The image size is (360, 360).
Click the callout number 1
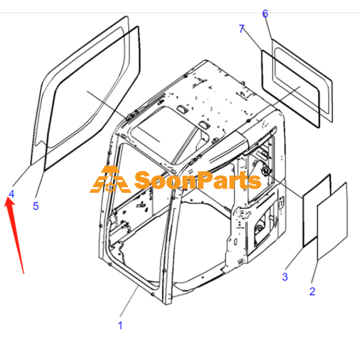[120, 325]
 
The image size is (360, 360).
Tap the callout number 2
[312, 292]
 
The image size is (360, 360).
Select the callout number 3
[285, 277]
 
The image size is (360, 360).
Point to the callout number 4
[11, 194]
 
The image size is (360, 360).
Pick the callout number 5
[35, 206]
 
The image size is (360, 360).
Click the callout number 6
[265, 13]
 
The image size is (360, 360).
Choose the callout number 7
[242, 29]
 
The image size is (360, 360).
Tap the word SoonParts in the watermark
[197, 181]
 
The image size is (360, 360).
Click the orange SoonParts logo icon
[110, 179]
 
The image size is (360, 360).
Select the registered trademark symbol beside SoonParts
[266, 171]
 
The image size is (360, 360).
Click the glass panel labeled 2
[332, 221]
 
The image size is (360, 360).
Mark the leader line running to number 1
[129, 301]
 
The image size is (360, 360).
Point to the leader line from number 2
[315, 272]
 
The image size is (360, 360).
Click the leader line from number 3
[295, 258]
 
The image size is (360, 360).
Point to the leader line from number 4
[22, 176]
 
